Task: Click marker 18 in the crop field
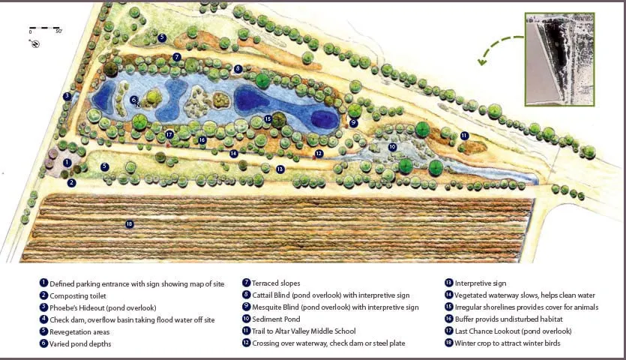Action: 130,223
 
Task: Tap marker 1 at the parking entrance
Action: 67,162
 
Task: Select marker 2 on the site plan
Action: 72,182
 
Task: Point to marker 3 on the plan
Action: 67,96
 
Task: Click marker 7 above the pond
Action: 177,57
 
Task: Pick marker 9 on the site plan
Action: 353,122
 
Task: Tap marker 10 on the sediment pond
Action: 392,147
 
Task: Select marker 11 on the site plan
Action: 465,136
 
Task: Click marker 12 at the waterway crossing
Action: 319,153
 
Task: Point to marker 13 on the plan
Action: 280,169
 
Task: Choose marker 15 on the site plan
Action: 268,118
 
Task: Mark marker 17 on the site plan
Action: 170,134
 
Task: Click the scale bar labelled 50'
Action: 45,30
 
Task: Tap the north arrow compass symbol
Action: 35,43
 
